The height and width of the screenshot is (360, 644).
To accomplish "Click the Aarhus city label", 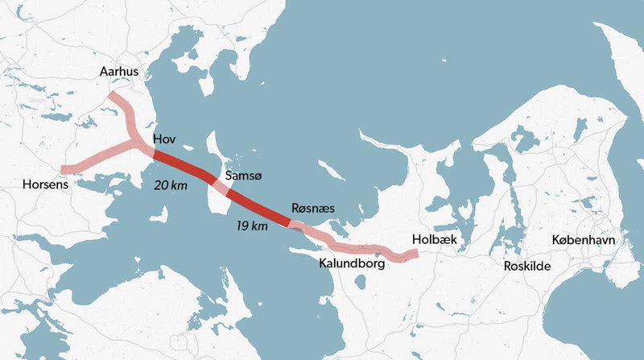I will click(x=119, y=72).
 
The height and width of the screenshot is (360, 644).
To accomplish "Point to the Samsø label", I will click(x=242, y=176).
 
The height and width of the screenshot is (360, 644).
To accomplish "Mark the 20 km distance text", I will click(x=171, y=184).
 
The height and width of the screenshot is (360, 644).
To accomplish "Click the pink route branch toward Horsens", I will click(x=93, y=158).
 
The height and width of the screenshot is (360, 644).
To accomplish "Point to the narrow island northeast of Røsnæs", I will click(x=331, y=172).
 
